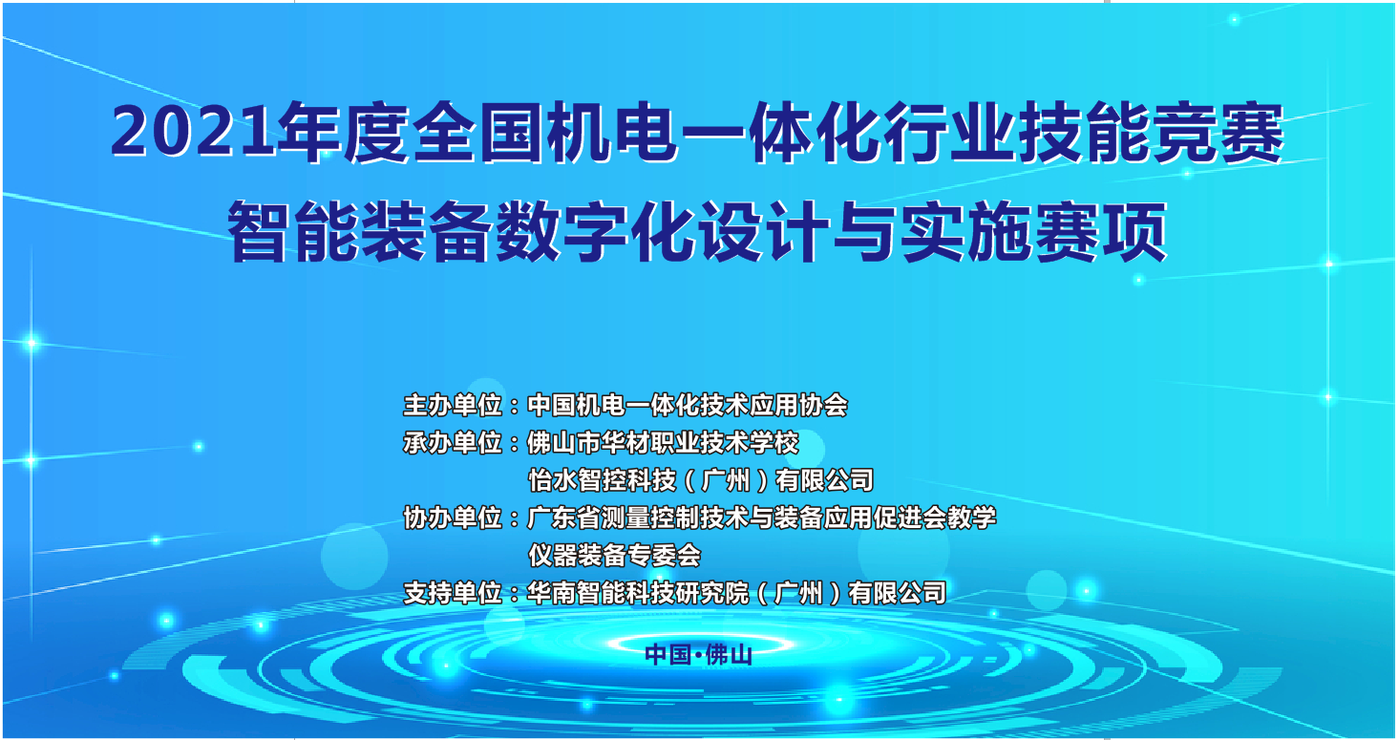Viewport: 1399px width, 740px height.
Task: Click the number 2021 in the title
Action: [x=193, y=134]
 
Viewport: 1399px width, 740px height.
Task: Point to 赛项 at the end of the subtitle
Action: [x=1101, y=232]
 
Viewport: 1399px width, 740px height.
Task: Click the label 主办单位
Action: [x=453, y=405]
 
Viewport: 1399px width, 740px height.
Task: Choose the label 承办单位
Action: [x=453, y=443]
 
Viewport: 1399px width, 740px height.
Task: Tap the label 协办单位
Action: [x=453, y=518]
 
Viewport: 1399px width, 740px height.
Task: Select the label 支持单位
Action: [x=453, y=593]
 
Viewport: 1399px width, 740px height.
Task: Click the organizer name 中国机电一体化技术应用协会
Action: [x=688, y=405]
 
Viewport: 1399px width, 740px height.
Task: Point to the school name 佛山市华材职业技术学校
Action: [x=664, y=443]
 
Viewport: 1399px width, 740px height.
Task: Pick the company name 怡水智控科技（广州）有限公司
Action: [x=701, y=480]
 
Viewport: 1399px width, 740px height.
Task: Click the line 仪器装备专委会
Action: [x=615, y=555]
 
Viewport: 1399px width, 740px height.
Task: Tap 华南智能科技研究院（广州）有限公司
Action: [x=737, y=593]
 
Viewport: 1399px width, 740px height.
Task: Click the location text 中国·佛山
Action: [x=699, y=655]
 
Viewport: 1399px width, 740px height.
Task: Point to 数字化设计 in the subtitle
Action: [x=663, y=232]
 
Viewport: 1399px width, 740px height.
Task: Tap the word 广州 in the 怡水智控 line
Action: [x=726, y=480]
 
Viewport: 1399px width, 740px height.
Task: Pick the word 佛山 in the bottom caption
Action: [x=729, y=655]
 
